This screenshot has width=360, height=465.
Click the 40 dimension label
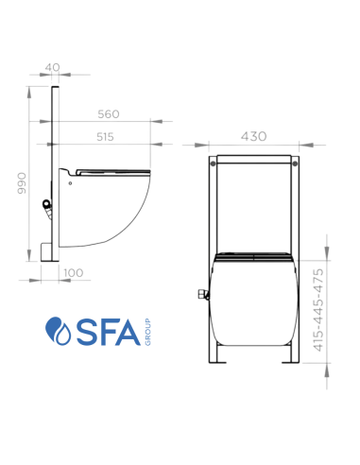pyautogui.click(x=53, y=67)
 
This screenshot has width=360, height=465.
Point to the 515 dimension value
pyautogui.click(x=105, y=136)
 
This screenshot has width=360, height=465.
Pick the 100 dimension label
pyautogui.click(x=73, y=272)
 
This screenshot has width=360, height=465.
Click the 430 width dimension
pyautogui.click(x=253, y=136)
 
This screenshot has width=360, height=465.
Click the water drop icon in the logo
pyautogui.click(x=60, y=333)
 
